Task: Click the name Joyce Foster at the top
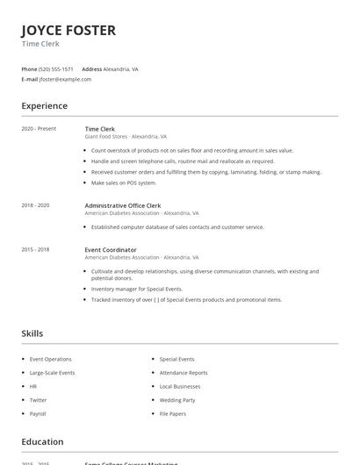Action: pos(68,31)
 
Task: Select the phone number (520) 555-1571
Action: pos(56,68)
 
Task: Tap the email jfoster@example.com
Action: pos(65,79)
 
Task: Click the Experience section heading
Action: pos(45,106)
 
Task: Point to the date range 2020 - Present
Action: pos(39,129)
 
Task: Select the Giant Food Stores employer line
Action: pos(126,137)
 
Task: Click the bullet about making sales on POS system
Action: pos(124,182)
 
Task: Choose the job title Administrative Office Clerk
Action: pos(122,205)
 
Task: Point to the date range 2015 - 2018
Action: pos(35,249)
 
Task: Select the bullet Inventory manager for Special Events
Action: pos(137,289)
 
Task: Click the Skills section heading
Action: pos(32,333)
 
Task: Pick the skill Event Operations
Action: pos(51,359)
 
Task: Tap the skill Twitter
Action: pos(39,399)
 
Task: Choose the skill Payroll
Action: pos(38,412)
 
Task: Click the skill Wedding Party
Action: pos(177,399)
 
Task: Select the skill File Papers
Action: pos(173,412)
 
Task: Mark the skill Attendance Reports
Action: pos(184,372)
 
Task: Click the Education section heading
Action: pos(42,441)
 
